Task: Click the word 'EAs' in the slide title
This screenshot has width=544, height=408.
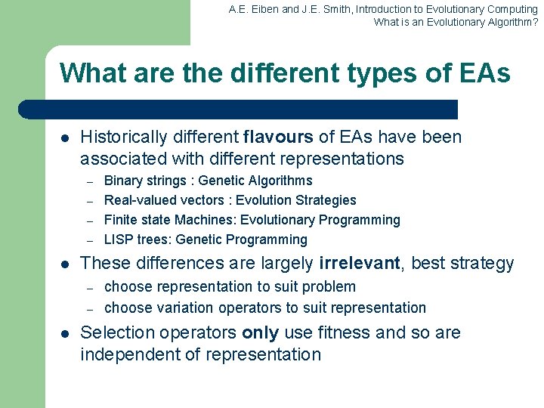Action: (x=484, y=73)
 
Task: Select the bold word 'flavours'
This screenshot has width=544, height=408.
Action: (x=278, y=138)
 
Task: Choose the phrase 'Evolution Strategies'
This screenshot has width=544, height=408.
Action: (x=296, y=200)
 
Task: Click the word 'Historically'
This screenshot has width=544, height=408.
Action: (x=124, y=138)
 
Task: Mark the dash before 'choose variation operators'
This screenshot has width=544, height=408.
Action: (x=88, y=308)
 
